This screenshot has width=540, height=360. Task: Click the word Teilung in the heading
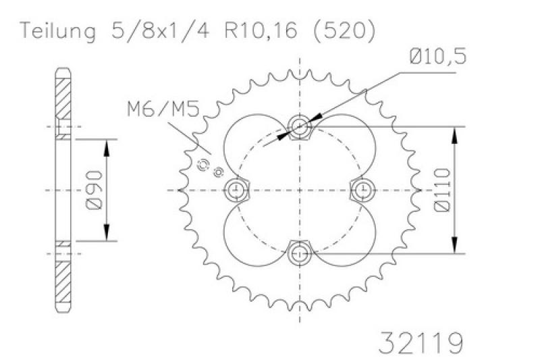point(58,31)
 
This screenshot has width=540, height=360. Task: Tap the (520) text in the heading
point(344,30)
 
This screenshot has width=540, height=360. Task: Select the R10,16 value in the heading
point(261,30)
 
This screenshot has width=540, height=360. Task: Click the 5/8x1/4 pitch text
point(160,31)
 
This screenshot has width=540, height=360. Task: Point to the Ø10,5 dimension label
point(437,57)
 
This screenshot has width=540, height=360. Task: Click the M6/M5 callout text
point(163,109)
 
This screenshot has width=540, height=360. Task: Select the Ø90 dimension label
point(94,190)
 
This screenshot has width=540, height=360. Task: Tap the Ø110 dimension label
point(443,190)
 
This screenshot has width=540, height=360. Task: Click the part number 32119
point(421,342)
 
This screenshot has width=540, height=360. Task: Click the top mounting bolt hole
point(300,126)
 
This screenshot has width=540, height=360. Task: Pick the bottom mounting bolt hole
point(300,254)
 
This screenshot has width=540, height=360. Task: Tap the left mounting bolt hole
point(236,190)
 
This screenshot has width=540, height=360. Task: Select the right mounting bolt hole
point(363,190)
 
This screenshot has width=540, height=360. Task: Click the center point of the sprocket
point(300,190)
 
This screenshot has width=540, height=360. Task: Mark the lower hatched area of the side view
point(63,282)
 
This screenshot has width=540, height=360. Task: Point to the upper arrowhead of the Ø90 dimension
point(107,148)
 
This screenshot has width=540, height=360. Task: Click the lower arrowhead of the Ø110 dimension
point(455,245)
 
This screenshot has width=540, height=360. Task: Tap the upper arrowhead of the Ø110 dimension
point(455,135)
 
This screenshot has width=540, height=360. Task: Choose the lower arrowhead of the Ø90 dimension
point(107,232)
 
